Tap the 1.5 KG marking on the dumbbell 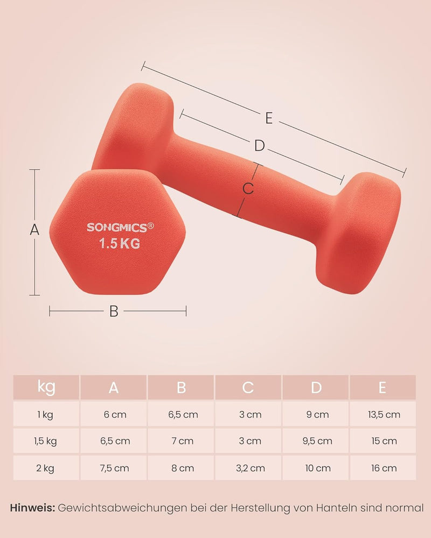(120, 244)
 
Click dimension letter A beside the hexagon (34, 230)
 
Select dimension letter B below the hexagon (114, 312)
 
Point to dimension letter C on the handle (248, 189)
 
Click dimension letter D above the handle (260, 146)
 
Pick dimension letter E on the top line (269, 118)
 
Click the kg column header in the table (46, 387)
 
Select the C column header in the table (248, 388)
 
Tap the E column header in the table (382, 388)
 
